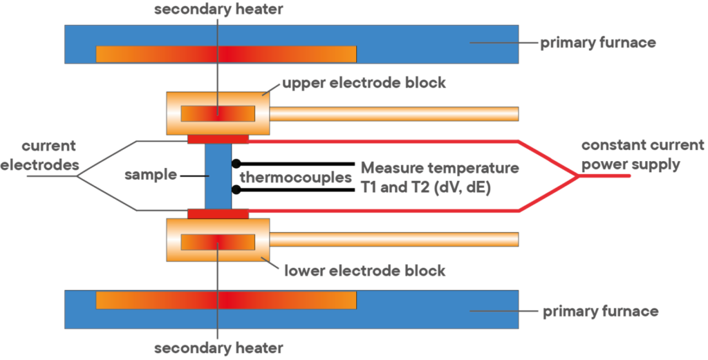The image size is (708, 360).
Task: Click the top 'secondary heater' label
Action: (218, 10)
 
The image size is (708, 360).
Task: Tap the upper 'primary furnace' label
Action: (597, 44)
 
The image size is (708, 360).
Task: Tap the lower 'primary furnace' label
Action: (599, 312)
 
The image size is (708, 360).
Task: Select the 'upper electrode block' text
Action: (364, 84)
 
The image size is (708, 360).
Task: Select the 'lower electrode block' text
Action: (365, 270)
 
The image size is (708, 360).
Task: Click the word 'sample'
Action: (151, 176)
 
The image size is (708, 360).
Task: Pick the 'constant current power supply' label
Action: (642, 155)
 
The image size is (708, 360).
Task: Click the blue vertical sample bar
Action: (218, 176)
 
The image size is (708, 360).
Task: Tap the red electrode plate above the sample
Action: (218, 140)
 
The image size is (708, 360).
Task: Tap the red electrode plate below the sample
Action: (218, 214)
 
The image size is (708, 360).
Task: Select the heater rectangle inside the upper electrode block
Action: (218, 113)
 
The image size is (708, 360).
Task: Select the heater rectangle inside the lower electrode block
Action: (218, 242)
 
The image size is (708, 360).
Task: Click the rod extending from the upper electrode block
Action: (394, 113)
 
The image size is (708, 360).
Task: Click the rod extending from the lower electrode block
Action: (394, 240)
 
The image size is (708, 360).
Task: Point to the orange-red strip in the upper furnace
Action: (226, 54)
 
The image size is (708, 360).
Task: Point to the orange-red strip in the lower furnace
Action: (226, 300)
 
